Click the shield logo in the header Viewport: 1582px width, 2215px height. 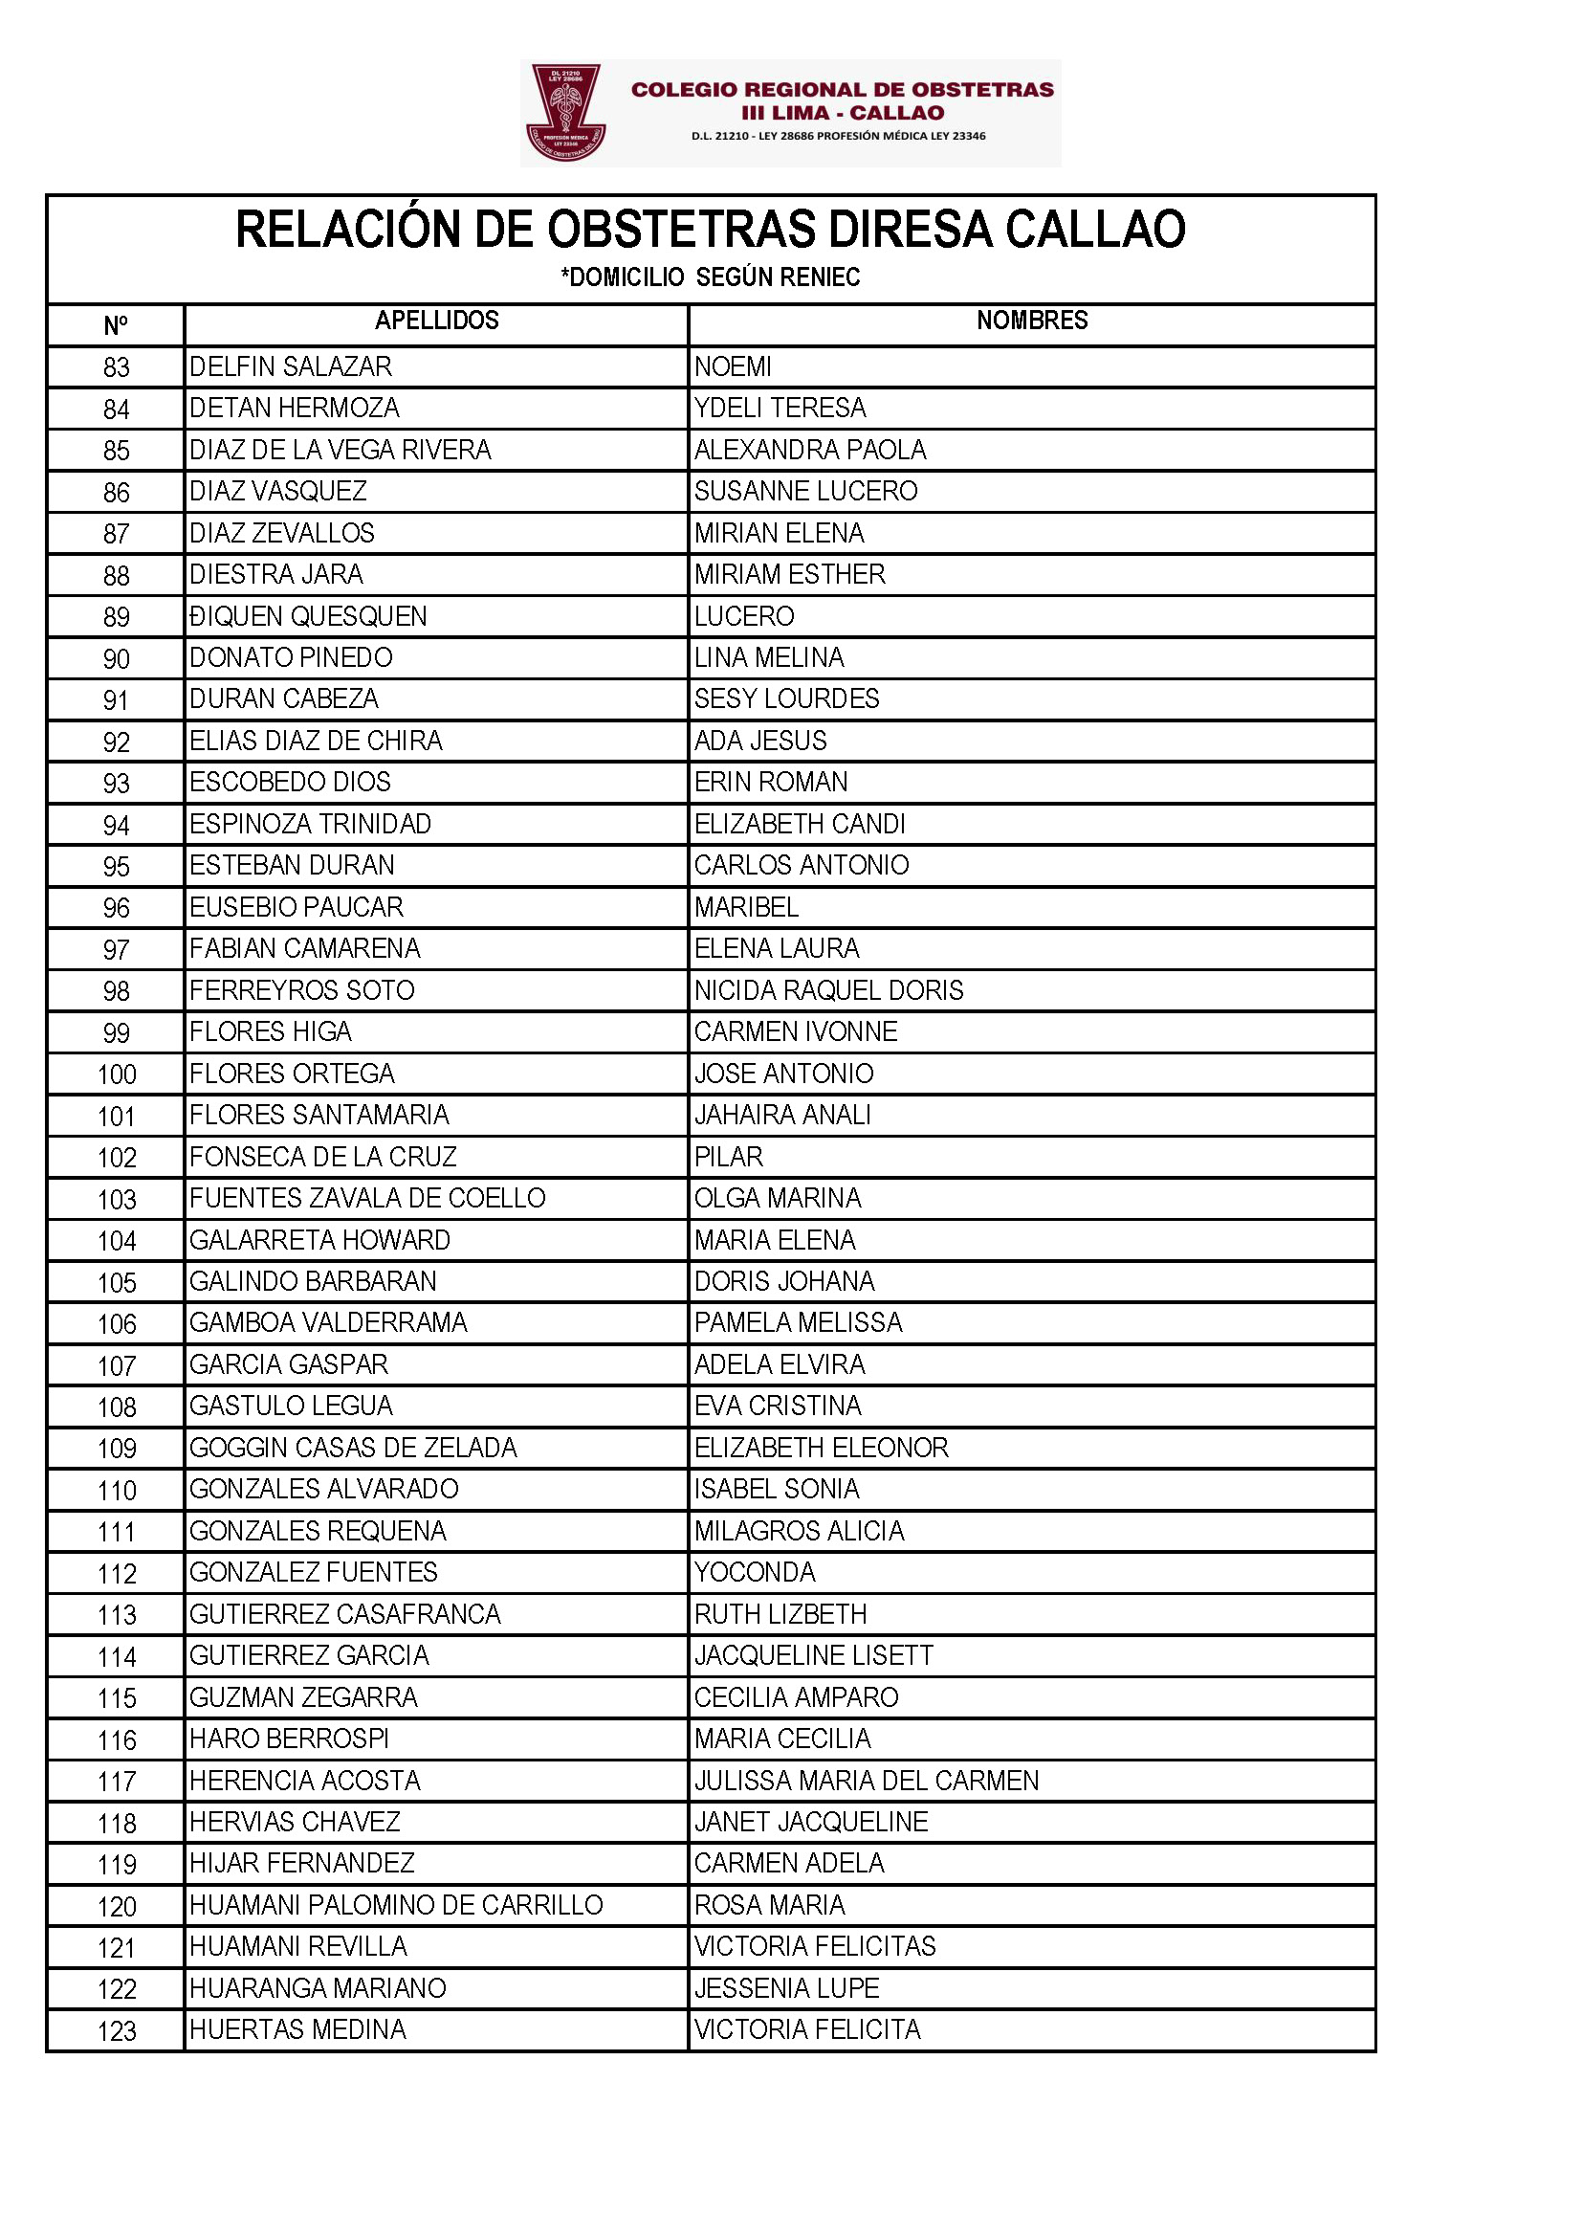[566, 112]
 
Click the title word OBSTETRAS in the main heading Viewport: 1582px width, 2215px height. [680, 230]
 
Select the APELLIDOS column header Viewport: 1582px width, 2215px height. [436, 321]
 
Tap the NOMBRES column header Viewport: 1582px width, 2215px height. [1032, 321]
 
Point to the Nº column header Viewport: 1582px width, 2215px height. [115, 325]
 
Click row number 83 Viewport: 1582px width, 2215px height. [116, 367]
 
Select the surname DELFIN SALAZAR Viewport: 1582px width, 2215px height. [291, 366]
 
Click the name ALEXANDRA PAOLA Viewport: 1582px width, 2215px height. [809, 450]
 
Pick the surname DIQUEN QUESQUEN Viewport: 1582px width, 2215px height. [308, 616]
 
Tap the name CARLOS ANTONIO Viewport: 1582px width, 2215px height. [801, 865]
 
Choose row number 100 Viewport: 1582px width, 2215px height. [116, 1074]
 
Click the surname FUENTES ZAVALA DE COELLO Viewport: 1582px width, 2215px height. [367, 1198]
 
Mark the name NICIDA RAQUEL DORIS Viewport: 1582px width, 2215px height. [828, 990]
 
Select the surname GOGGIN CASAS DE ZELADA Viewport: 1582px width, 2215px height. [353, 1447]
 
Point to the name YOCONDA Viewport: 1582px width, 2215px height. [754, 1572]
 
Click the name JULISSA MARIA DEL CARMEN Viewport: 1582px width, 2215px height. [866, 1781]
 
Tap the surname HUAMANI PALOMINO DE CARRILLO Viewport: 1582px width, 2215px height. [396, 1905]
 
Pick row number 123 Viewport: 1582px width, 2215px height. [116, 2031]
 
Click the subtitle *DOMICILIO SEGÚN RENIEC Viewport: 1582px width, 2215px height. [710, 277]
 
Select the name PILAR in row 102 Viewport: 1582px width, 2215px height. [729, 1157]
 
